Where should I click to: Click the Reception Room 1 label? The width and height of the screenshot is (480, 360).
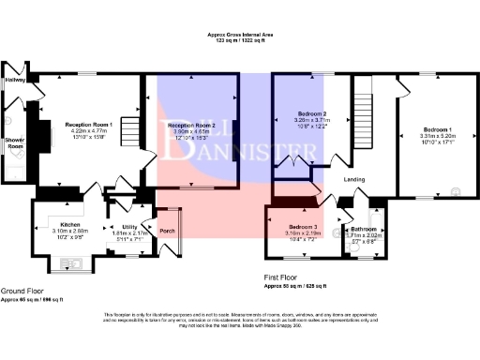coord(89,124)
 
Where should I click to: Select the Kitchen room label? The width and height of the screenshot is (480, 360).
coord(46,225)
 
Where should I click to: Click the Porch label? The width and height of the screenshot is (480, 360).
coord(167,231)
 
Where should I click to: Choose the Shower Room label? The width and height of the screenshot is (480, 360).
coord(14,143)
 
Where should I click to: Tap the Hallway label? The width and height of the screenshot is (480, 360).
coord(14,81)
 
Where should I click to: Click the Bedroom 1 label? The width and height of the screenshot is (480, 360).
coord(437,128)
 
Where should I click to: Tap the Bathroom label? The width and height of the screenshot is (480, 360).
coord(364,229)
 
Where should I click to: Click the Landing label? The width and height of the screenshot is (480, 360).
coord(354,178)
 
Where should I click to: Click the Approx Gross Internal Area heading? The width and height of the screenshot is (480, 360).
coord(240,36)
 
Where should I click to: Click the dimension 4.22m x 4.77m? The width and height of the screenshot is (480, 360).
coord(89,131)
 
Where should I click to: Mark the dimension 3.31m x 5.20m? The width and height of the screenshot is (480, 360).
coord(437,135)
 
